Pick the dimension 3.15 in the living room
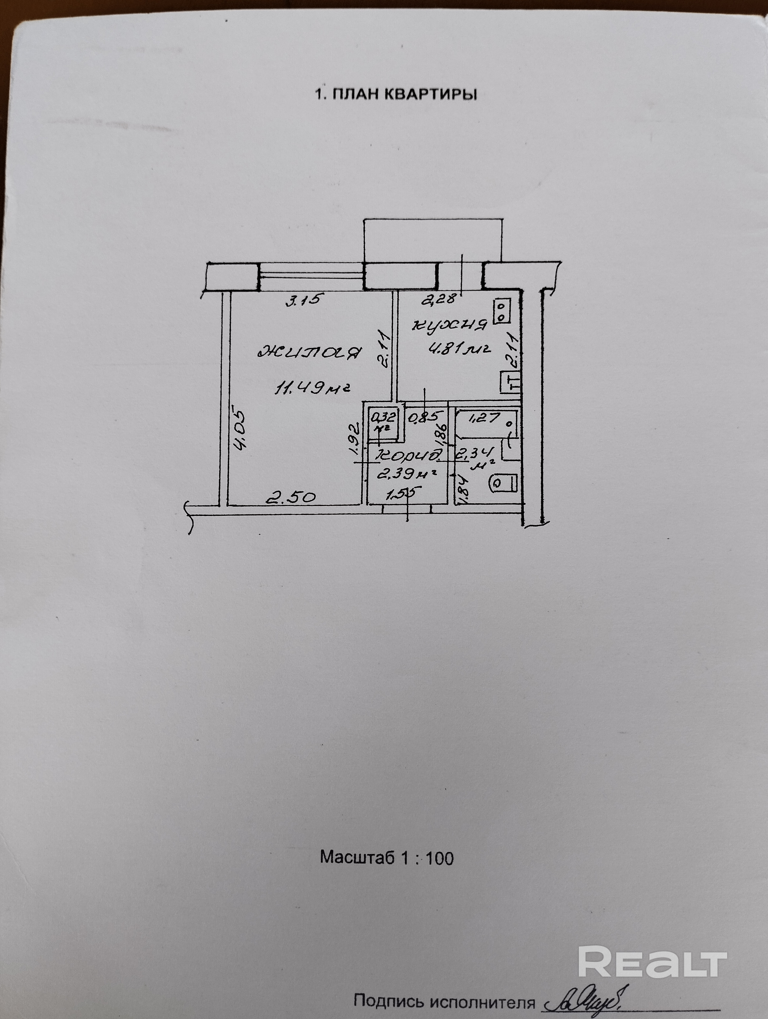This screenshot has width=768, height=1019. coord(302,300)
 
